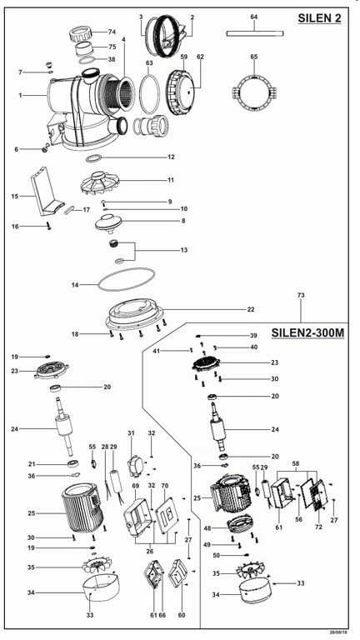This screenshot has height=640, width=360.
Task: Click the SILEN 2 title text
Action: pyautogui.click(x=320, y=18)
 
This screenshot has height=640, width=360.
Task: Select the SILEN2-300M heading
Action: pyautogui.click(x=307, y=333)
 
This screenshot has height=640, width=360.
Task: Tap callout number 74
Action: pyautogui.click(x=112, y=32)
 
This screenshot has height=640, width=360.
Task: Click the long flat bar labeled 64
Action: pyautogui.click(x=255, y=33)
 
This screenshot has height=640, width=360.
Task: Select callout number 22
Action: pyautogui.click(x=251, y=309)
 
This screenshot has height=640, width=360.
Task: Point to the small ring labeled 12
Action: pyautogui.click(x=93, y=158)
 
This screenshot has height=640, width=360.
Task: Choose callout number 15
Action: pyautogui.click(x=15, y=197)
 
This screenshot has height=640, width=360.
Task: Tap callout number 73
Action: pyautogui.click(x=301, y=295)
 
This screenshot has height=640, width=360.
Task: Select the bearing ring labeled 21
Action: pyautogui.click(x=73, y=463)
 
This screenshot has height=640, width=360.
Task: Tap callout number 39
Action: pyautogui.click(x=253, y=336)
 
